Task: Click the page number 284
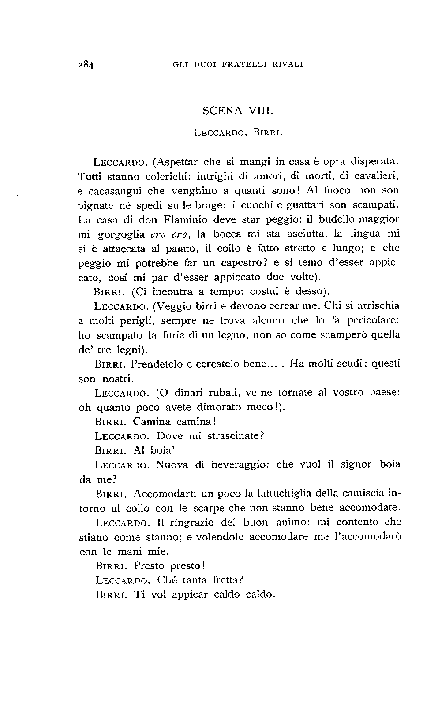point(86,64)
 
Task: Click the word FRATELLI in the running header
point(245,64)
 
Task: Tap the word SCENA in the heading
point(222,110)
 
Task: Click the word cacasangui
point(127,191)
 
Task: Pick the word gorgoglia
point(120,234)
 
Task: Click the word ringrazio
point(197,523)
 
